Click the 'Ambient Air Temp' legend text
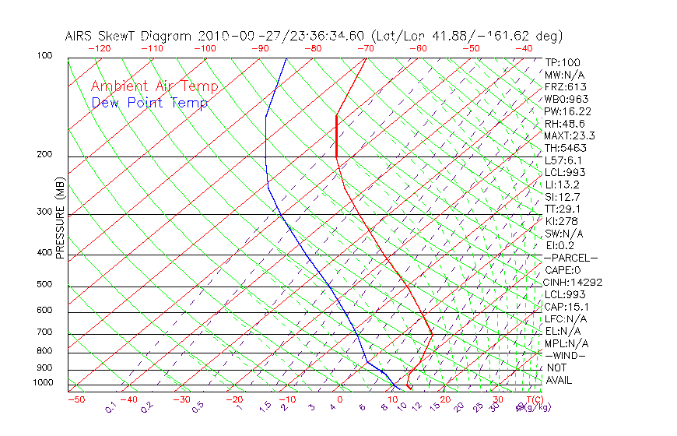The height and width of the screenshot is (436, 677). pos(154,86)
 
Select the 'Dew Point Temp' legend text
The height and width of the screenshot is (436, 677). pos(149,103)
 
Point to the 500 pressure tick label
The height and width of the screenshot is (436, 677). pos(45,284)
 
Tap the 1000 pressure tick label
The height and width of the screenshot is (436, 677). pos(44,382)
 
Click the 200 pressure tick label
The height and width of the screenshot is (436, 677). pos(45,154)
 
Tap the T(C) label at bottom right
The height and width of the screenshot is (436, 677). pos(530,399)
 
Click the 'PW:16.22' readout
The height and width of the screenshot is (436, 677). pos(568,111)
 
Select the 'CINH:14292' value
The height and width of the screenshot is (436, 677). pos(574,282)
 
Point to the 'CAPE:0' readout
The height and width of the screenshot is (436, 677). pos(564,270)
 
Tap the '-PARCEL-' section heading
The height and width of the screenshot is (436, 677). pos(571,258)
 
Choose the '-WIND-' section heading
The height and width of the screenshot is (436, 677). pos(566,355)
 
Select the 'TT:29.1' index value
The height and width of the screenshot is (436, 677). pos(563,209)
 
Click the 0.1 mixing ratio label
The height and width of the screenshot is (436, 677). pos(111,407)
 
